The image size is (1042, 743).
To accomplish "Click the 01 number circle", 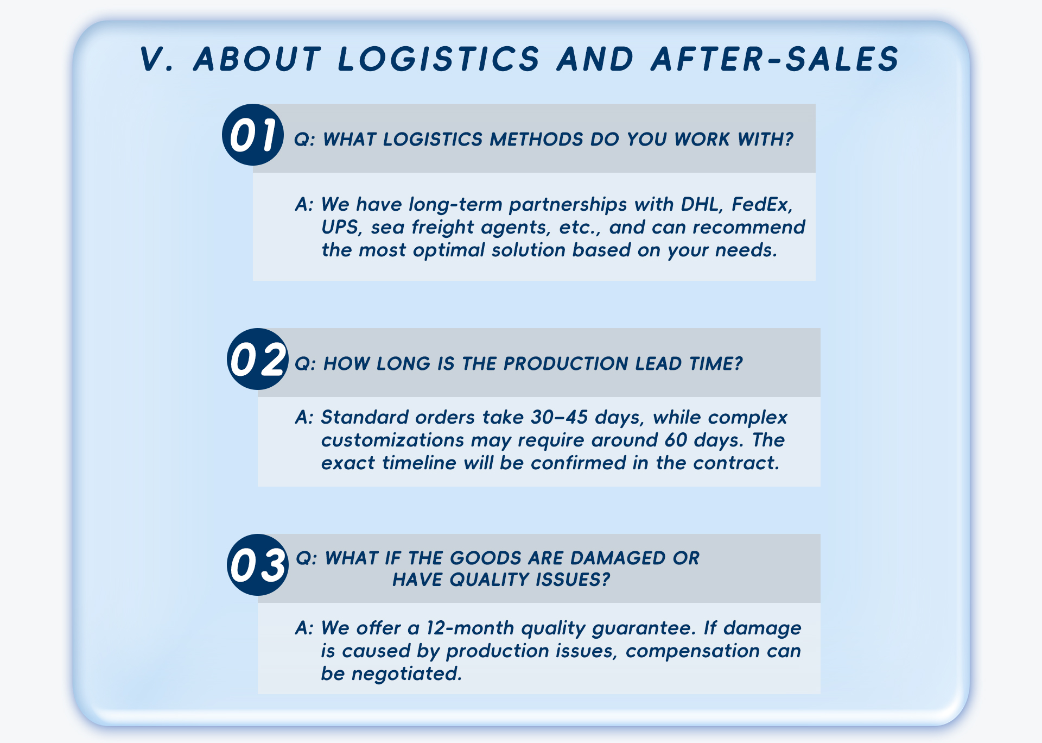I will (253, 135).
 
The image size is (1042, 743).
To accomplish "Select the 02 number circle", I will (257, 359).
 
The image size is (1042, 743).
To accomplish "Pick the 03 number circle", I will (257, 565).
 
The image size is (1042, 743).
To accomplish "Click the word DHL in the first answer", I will (700, 204).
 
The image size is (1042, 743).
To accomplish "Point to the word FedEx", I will (761, 204).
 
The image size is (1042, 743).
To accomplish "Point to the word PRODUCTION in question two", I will (566, 363).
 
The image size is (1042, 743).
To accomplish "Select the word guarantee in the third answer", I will (644, 629).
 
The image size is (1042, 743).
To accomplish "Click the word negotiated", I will (407, 674).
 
